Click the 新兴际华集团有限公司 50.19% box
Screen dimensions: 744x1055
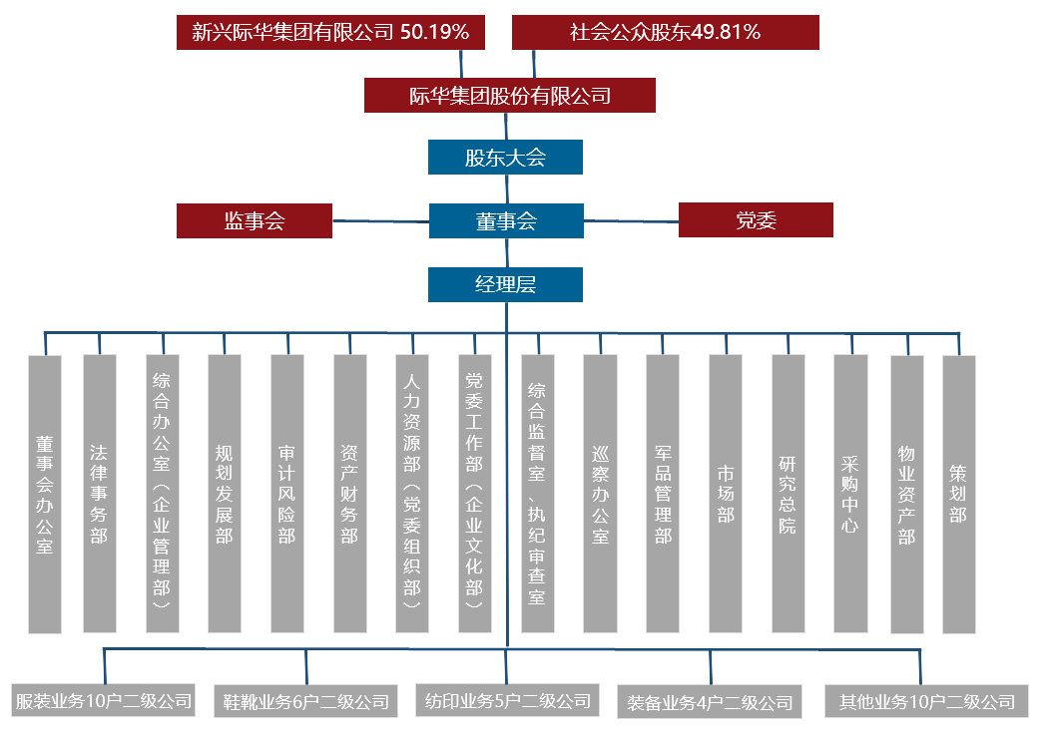[331, 32]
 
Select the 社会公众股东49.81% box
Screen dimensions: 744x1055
[665, 32]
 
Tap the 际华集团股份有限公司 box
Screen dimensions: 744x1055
[509, 96]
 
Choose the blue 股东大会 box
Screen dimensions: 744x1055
[505, 157]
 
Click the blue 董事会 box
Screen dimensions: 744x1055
[505, 220]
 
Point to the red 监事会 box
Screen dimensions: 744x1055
[254, 220]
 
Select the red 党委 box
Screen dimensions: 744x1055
[756, 220]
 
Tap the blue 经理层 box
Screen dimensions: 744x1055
[505, 284]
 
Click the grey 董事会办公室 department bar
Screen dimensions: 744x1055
[45, 494]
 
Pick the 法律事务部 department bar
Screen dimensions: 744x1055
[99, 494]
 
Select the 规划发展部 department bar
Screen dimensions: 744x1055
[225, 494]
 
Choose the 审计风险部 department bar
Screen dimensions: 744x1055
[287, 494]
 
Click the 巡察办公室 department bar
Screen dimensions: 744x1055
[600, 494]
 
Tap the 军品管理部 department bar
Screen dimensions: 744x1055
[663, 494]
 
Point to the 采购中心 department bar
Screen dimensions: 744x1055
[850, 494]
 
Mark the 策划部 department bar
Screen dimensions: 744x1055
[958, 494]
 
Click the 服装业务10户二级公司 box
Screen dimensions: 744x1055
[103, 700]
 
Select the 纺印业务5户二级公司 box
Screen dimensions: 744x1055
[507, 700]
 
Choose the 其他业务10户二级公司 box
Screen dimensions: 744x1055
[926, 701]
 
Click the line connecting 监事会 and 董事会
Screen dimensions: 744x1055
[379, 220]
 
